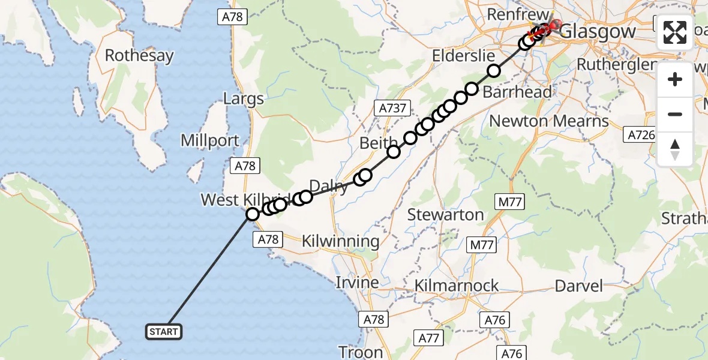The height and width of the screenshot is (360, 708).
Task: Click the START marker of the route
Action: coord(163,331)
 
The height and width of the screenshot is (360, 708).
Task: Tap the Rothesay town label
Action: coord(139,56)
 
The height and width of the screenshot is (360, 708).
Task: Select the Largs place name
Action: coord(244,99)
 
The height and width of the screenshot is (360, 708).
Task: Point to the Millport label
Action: coord(210,141)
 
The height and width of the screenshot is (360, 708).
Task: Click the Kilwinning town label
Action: coord(340,242)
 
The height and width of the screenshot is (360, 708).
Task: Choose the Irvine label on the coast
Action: coord(357,282)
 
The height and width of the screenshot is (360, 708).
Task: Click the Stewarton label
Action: coord(445,214)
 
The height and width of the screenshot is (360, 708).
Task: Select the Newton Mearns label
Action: coord(549,121)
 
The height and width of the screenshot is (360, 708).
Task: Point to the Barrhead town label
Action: coord(517,92)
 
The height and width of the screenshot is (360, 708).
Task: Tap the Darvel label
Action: coord(578,286)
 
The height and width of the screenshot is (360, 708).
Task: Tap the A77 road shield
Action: coord(429,338)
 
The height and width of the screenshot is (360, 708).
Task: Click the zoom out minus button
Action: coord(675,114)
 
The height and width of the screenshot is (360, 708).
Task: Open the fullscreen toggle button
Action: coord(675,32)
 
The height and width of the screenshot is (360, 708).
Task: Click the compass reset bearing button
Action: coord(675,149)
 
